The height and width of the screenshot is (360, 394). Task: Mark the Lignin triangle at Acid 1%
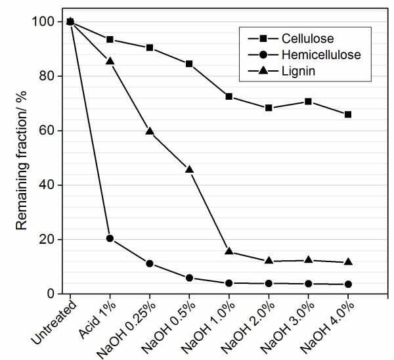pos(110,61)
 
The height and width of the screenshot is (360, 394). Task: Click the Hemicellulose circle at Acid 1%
pos(110,238)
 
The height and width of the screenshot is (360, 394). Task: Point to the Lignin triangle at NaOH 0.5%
pos(189,169)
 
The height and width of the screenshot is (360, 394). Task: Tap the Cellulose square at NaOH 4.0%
pos(348,114)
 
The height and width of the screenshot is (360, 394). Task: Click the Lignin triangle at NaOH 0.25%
pos(150,131)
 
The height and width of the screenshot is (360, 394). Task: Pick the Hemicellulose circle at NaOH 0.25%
pos(150,263)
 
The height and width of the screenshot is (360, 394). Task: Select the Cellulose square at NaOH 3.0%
pos(308,102)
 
